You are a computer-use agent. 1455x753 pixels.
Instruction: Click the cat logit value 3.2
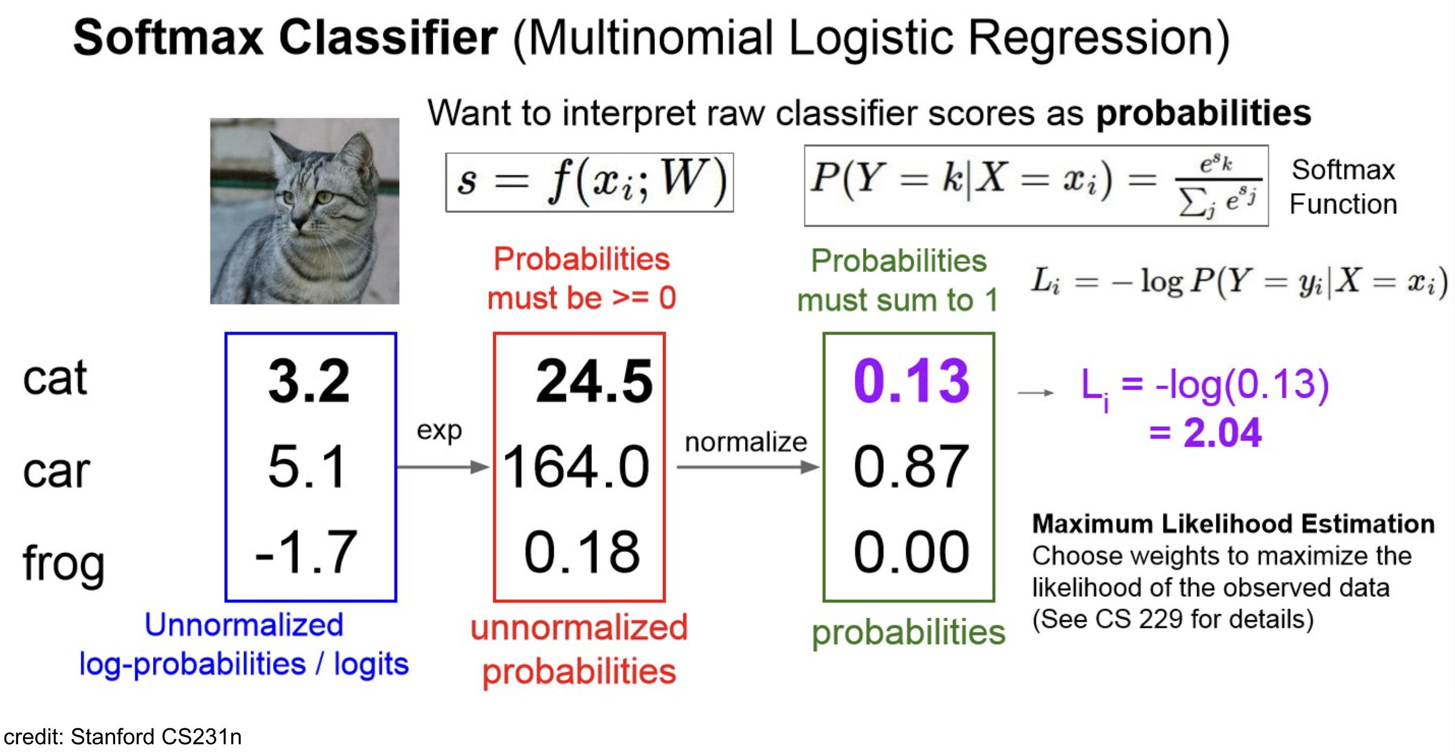309,382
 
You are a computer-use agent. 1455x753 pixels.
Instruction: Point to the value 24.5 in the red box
594,382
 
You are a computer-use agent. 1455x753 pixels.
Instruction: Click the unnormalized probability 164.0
576,467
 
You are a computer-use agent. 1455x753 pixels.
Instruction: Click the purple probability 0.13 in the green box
911,382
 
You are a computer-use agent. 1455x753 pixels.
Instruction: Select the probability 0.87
911,467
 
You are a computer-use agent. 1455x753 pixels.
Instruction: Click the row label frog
63,563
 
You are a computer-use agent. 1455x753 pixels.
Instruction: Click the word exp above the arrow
439,431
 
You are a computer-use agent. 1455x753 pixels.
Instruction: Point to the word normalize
745,441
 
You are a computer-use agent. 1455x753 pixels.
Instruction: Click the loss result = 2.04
1205,433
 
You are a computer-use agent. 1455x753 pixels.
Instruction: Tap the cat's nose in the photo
298,224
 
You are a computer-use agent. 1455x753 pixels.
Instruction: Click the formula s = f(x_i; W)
590,182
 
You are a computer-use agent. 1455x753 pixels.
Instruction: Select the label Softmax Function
1343,187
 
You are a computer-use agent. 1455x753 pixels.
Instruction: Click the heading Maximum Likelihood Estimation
1233,524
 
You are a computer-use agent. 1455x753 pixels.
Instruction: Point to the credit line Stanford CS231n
122,737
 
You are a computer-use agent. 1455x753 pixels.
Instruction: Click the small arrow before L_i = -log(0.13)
1035,392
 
